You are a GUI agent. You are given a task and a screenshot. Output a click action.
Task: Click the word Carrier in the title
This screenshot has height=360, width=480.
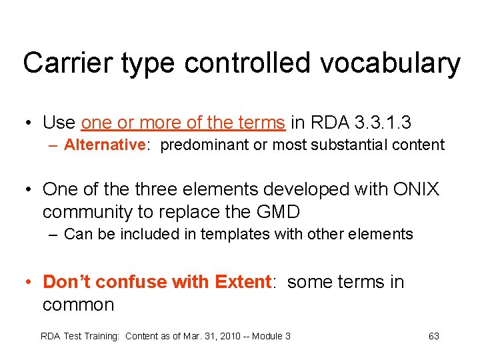click(61, 64)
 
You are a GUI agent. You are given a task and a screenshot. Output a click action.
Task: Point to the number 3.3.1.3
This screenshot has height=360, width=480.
click(389, 123)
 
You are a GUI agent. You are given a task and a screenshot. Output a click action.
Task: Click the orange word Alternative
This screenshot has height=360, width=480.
click(105, 145)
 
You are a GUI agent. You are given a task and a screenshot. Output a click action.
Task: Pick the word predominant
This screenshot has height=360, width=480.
click(203, 145)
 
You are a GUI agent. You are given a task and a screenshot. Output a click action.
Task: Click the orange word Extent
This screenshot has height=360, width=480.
click(242, 282)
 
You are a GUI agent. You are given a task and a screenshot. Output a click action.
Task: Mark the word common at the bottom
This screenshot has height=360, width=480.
click(78, 305)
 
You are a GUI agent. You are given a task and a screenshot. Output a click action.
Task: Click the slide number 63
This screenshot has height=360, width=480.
click(434, 336)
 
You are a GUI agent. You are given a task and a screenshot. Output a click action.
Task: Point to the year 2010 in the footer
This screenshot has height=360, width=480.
click(221, 336)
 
